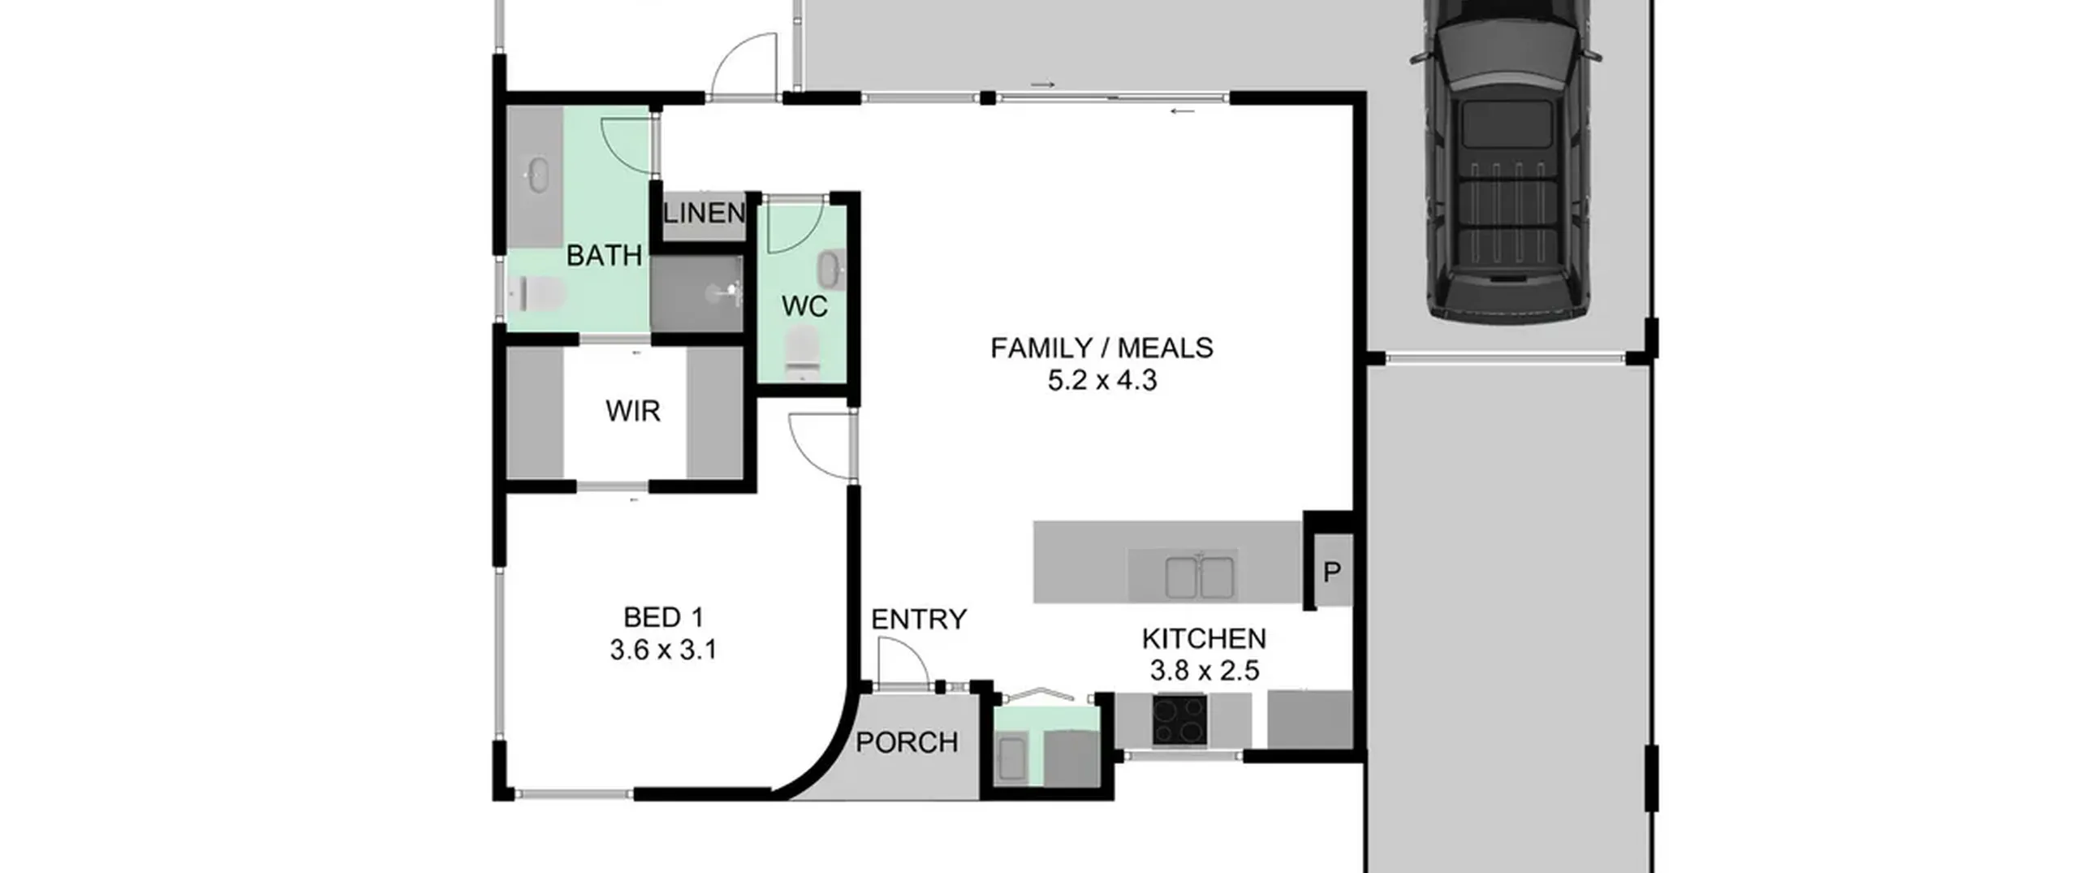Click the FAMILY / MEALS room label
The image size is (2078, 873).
pyautogui.click(x=1102, y=348)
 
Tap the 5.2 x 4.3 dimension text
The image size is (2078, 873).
pyautogui.click(x=1102, y=380)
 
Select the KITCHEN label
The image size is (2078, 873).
pyautogui.click(x=1204, y=639)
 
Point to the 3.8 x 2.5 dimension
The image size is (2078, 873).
pyautogui.click(x=1204, y=671)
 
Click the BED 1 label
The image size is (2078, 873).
pyautogui.click(x=663, y=618)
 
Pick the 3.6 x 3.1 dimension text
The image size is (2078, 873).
pyautogui.click(x=663, y=650)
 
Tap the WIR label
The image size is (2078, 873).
pyautogui.click(x=633, y=411)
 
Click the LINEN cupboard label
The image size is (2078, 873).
pyautogui.click(x=704, y=214)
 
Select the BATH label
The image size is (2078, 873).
pyautogui.click(x=604, y=256)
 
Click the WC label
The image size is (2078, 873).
pyautogui.click(x=804, y=306)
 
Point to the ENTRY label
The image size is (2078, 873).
pyautogui.click(x=919, y=620)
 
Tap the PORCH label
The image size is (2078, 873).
pyautogui.click(x=907, y=742)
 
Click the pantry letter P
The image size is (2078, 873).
pyautogui.click(x=1332, y=573)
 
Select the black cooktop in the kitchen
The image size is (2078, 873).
pyautogui.click(x=1179, y=720)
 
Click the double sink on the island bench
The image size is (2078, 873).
pyautogui.click(x=1200, y=577)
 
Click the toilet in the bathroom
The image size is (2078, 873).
pyautogui.click(x=536, y=294)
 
